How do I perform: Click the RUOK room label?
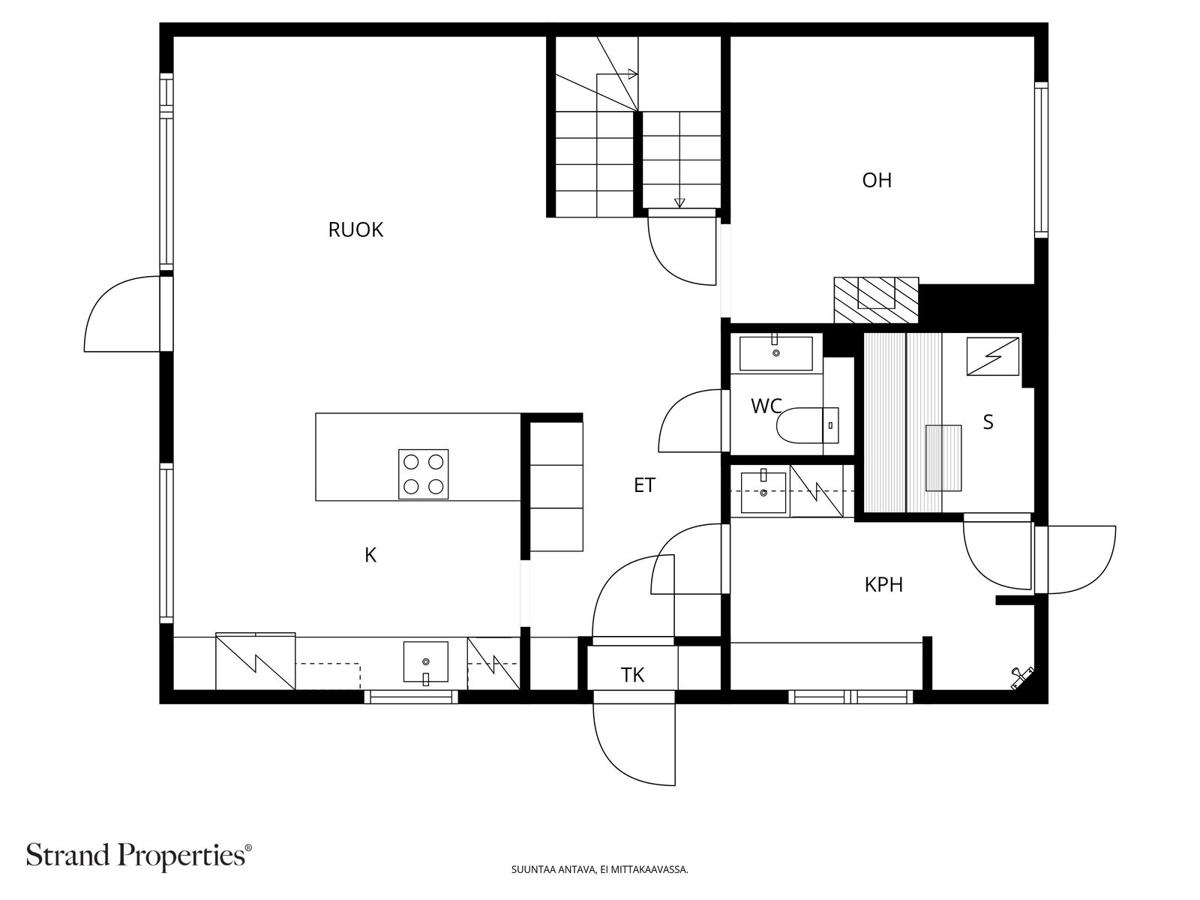point(355,230)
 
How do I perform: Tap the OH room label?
point(876,180)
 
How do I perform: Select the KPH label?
point(883,585)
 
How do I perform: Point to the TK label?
point(632,676)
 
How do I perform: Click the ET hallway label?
point(644,485)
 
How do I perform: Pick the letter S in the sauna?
point(988,422)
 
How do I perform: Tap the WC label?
point(766,406)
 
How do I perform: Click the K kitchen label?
point(370,555)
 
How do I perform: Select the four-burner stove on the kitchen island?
point(423,474)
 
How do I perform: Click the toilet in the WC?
point(807,426)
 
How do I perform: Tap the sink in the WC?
point(775,353)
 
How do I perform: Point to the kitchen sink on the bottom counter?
point(425,663)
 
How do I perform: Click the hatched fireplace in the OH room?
point(876,300)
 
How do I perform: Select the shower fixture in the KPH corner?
point(1021,677)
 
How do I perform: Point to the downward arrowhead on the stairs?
point(679,202)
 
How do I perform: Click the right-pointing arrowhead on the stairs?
point(633,73)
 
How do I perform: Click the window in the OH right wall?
point(1041,160)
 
